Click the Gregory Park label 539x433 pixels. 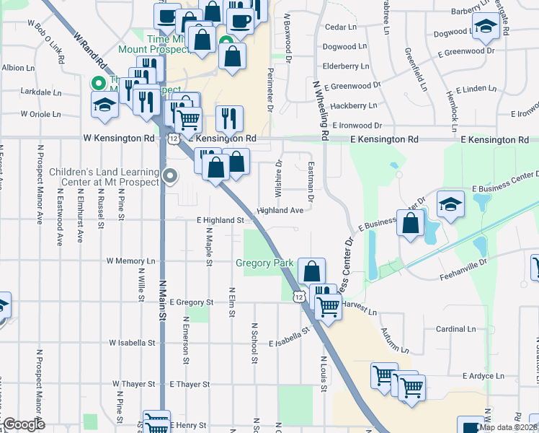point(264,263)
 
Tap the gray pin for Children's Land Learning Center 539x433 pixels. point(170,175)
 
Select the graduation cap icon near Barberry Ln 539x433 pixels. point(486,27)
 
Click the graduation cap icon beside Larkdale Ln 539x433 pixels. point(105,105)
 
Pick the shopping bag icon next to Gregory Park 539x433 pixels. point(311,272)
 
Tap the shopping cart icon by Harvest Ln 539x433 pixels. point(329,306)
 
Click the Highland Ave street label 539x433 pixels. point(280,211)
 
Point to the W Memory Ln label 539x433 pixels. point(130,261)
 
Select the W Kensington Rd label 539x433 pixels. point(119,137)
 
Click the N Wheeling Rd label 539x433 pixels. point(321,109)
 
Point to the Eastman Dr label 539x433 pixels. point(311,180)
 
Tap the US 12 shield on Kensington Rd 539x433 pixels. point(174,137)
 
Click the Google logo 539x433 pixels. point(24,425)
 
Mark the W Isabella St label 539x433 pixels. point(133,343)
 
